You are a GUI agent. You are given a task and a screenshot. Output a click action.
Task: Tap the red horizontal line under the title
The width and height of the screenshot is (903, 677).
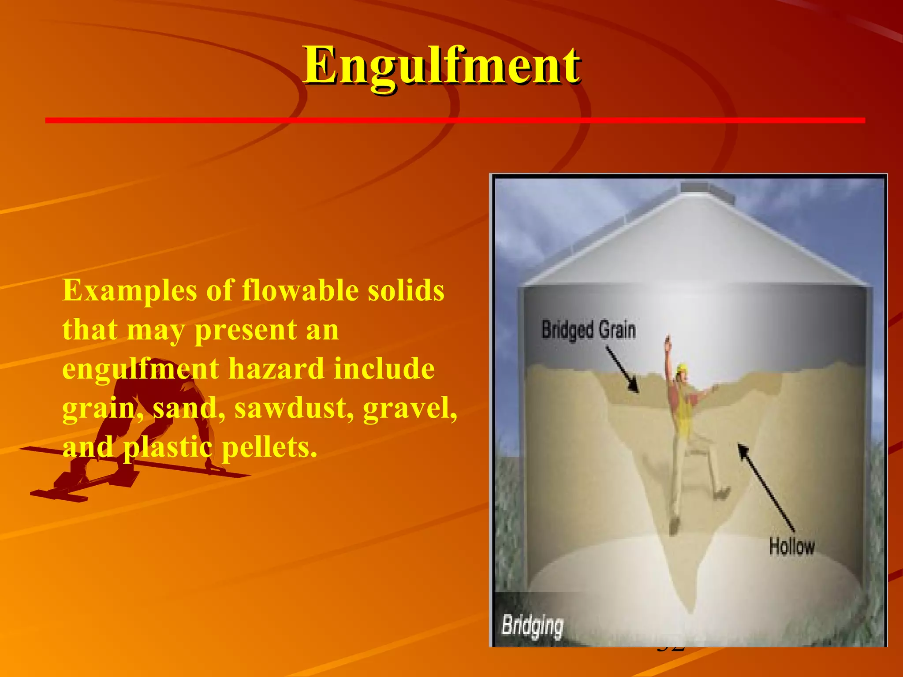[454, 120]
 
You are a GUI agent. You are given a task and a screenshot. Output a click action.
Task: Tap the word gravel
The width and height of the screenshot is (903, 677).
[410, 408]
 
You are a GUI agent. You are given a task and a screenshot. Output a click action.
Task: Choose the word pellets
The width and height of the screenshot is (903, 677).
[269, 447]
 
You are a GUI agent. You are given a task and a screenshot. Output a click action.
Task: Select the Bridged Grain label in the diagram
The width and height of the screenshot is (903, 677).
[588, 330]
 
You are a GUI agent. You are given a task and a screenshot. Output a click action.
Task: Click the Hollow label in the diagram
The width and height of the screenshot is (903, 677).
[791, 546]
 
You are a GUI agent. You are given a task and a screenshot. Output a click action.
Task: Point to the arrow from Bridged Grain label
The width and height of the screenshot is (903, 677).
[622, 369]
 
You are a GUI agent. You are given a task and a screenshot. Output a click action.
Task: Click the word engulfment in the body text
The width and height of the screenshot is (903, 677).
[140, 369]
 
